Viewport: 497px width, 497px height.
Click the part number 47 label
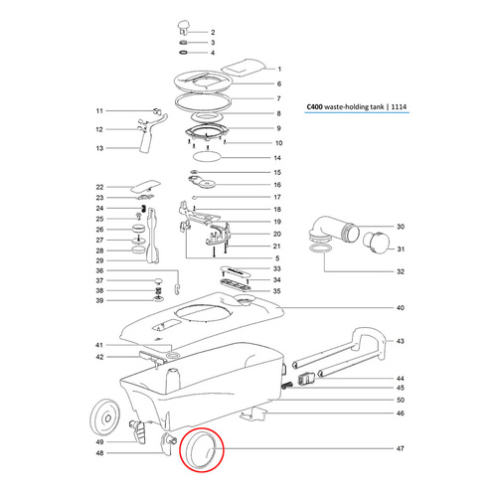[x=401, y=448]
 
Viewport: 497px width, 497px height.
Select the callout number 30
[x=401, y=227]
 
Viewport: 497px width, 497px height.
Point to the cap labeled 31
[x=375, y=243]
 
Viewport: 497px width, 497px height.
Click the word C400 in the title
[x=314, y=106]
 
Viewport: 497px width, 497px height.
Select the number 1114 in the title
[x=399, y=106]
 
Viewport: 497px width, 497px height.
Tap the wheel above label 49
[x=104, y=417]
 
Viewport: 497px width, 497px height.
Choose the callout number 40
[x=401, y=308]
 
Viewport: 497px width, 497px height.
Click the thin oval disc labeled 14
[x=207, y=156]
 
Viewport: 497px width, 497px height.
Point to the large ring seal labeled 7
[x=203, y=104]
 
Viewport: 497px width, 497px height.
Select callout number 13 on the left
[x=99, y=148]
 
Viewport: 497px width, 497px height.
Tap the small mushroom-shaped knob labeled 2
[x=183, y=27]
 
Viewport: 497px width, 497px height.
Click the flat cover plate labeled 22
[x=146, y=186]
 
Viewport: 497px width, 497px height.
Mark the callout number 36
[x=99, y=270]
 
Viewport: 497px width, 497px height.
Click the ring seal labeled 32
[x=321, y=249]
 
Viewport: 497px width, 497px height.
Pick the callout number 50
[x=401, y=400]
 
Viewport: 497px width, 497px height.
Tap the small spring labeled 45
[x=287, y=386]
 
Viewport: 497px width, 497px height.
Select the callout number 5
[x=277, y=258]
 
